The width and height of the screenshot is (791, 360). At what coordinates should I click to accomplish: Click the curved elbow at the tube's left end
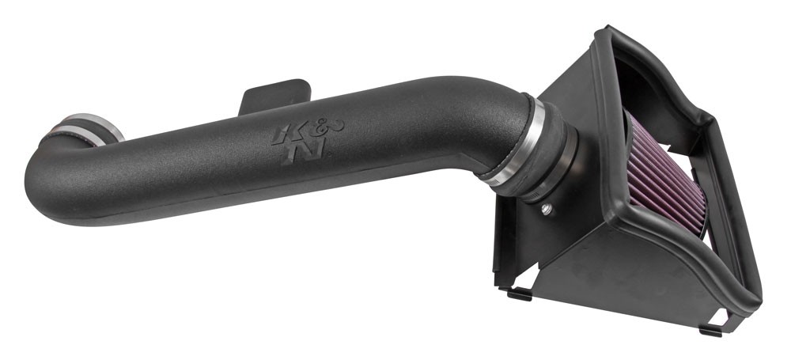(55, 158)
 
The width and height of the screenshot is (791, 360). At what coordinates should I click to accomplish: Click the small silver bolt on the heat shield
(546, 210)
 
